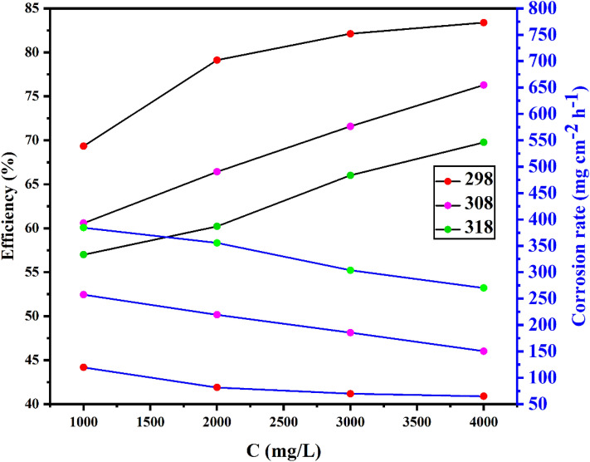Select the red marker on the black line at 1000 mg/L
coord(83,145)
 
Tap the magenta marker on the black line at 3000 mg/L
coord(350,126)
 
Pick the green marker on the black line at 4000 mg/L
coord(484,142)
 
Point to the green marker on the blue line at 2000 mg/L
coord(217,243)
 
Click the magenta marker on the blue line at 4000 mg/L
coord(484,351)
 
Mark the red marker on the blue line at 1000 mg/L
coord(83,367)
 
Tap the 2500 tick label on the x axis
coord(283,421)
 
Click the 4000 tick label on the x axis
coord(484,421)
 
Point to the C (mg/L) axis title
coord(283,449)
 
